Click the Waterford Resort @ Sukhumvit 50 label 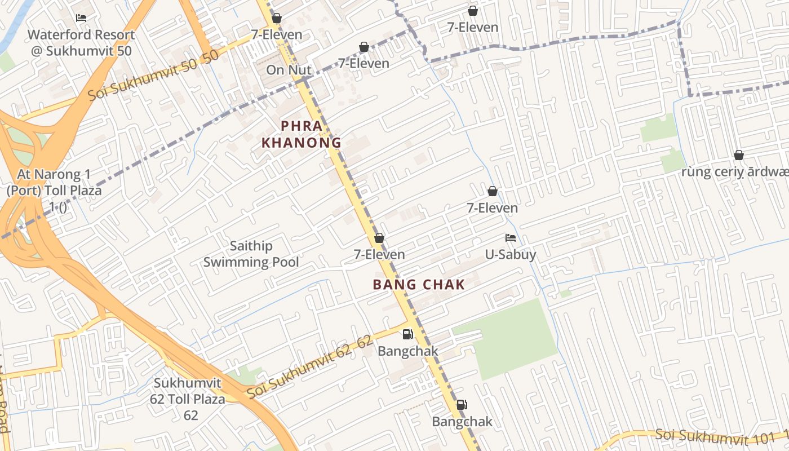click(x=81, y=43)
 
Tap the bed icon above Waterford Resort click(x=81, y=18)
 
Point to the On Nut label click(x=289, y=70)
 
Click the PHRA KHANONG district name click(x=302, y=134)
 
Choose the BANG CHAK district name click(x=419, y=285)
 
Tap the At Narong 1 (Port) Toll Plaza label click(x=54, y=191)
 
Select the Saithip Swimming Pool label click(x=251, y=254)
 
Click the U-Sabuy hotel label click(x=511, y=255)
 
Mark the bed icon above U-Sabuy click(x=511, y=238)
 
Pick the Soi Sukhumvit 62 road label click(x=310, y=366)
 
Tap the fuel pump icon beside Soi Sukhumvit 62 click(x=407, y=334)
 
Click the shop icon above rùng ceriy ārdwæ click(x=738, y=155)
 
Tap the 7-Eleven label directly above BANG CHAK click(x=379, y=254)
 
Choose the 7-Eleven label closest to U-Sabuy click(x=492, y=208)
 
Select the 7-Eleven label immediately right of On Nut click(x=364, y=63)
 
